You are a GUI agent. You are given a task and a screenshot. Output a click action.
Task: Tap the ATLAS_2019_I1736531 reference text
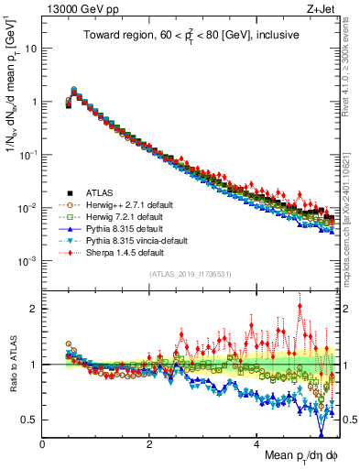point(190,274)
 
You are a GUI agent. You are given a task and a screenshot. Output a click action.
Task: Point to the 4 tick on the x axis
point(257,443)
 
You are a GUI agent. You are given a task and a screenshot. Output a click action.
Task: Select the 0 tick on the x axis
point(43,443)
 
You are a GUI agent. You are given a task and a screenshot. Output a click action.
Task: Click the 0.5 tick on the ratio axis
point(31,420)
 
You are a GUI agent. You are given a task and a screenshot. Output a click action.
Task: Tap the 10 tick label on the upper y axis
point(29,48)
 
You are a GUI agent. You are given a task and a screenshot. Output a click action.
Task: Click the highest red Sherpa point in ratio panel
point(300,307)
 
